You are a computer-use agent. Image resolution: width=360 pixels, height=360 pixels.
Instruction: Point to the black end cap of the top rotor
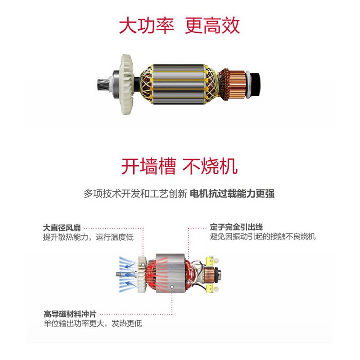(x=254, y=81)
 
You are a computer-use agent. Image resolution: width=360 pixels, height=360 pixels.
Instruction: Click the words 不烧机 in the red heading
(x=210, y=166)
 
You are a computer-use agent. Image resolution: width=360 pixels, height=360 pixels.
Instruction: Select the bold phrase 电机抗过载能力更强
(x=232, y=194)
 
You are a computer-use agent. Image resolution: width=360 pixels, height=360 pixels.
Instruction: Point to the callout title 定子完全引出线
(x=236, y=228)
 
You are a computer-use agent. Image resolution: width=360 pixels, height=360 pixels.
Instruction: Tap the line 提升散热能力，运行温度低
(x=88, y=237)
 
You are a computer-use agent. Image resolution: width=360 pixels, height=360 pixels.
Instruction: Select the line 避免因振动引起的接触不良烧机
(x=263, y=237)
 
